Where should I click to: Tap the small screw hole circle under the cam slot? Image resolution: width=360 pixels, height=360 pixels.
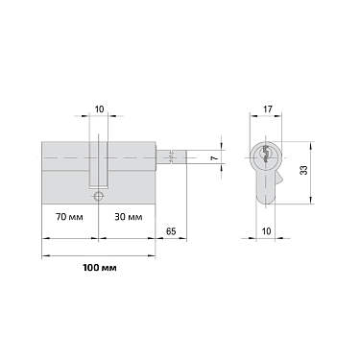(x=98, y=195)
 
